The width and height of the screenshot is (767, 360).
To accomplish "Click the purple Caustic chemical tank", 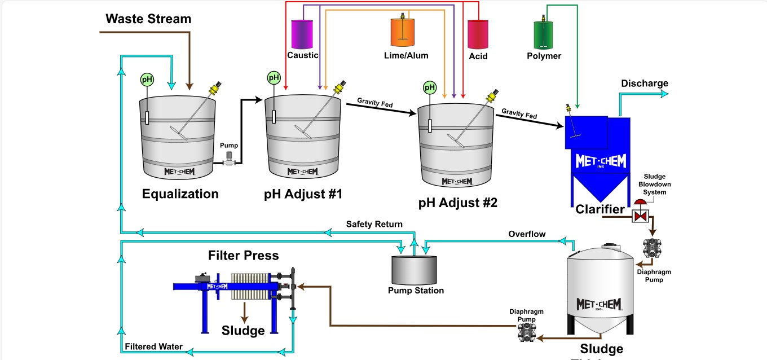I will pyautogui.click(x=302, y=34).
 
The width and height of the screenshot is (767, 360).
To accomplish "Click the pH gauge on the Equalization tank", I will pyautogui.click(x=147, y=80).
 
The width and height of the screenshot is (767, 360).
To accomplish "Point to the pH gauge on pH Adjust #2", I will pyautogui.click(x=430, y=87).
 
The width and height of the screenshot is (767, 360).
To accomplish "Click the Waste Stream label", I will pyautogui.click(x=148, y=19).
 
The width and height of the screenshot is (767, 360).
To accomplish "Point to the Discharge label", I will pyautogui.click(x=644, y=84).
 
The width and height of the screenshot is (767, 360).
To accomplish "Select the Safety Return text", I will pyautogui.click(x=374, y=225).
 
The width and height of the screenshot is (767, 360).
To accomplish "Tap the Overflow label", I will pyautogui.click(x=527, y=234).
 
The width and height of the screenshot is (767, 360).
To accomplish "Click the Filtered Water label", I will pyautogui.click(x=153, y=346).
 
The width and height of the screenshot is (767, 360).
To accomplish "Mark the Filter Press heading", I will pyautogui.click(x=243, y=256).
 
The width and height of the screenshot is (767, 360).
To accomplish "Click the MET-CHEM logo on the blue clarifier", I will pyautogui.click(x=601, y=161).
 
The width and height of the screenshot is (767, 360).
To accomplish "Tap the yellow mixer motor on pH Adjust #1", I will pyautogui.click(x=340, y=88).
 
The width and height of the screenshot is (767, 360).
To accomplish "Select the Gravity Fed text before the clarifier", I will pyautogui.click(x=519, y=115).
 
